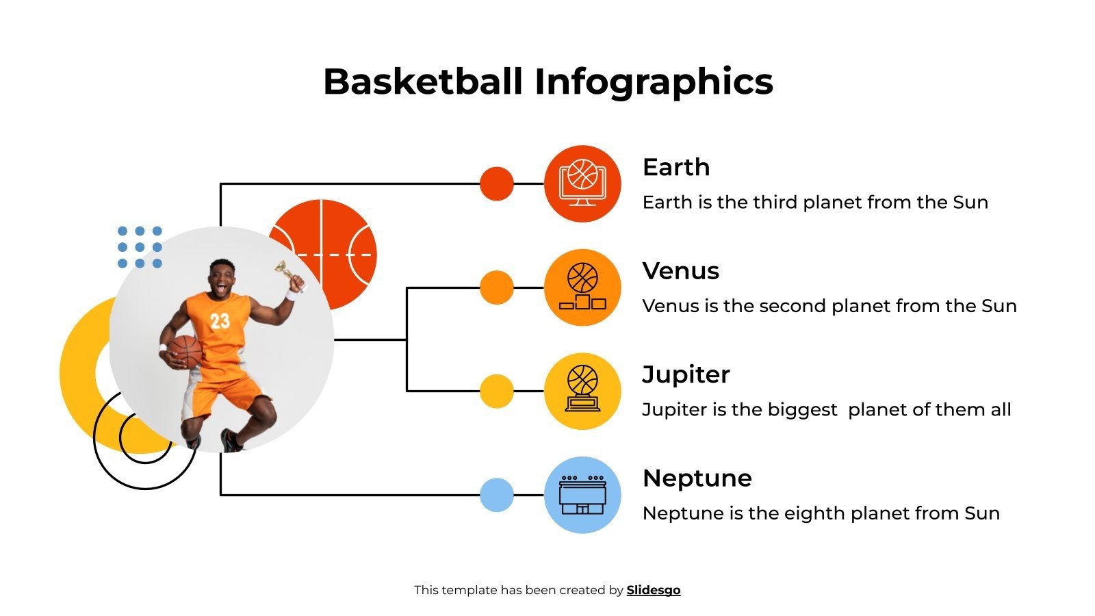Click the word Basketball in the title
pyautogui.click(x=423, y=81)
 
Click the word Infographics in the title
pyautogui.click(x=654, y=81)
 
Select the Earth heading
pyautogui.click(x=676, y=167)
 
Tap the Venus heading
pyautogui.click(x=680, y=271)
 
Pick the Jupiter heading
pyautogui.click(x=686, y=374)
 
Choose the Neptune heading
pyautogui.click(x=697, y=478)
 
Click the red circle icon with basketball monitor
pyautogui.click(x=582, y=183)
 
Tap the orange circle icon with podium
pyautogui.click(x=582, y=287)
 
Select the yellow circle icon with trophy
pyautogui.click(x=582, y=392)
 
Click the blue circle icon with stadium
pyautogui.click(x=582, y=495)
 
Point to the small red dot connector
pyautogui.click(x=497, y=183)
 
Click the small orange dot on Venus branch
pyautogui.click(x=497, y=287)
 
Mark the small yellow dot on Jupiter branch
pyautogui.click(x=497, y=392)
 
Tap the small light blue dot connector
pyautogui.click(x=497, y=495)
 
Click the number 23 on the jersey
pyautogui.click(x=220, y=321)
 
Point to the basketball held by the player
pyautogui.click(x=185, y=351)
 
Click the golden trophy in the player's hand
pyautogui.click(x=286, y=272)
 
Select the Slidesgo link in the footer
pyautogui.click(x=653, y=590)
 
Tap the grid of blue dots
pyautogui.click(x=140, y=247)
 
